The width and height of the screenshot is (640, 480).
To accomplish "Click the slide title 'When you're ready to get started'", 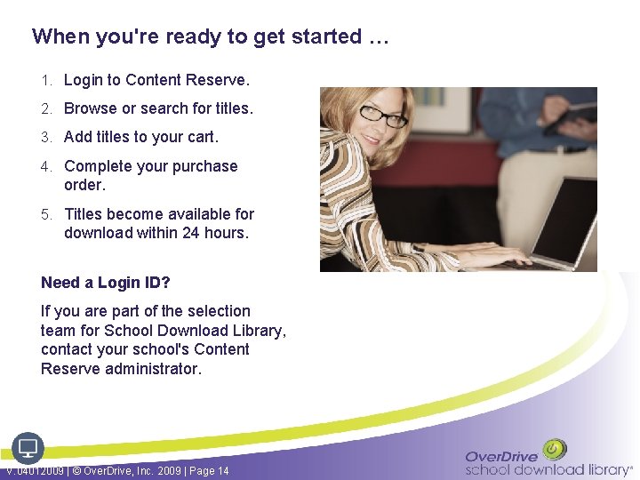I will pos(210,37).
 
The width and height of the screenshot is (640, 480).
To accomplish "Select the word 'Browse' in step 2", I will pos(90,108).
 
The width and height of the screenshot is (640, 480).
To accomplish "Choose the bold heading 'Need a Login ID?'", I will pos(105,283).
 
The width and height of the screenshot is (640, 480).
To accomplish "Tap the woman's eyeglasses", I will pos(382,115).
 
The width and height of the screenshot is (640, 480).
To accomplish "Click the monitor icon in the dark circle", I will pos(28,447).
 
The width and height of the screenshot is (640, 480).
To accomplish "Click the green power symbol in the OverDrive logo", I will pos(555,449).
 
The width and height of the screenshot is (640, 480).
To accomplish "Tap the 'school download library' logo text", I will pos(546,469).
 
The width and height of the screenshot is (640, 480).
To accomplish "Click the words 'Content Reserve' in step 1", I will pos(187,81).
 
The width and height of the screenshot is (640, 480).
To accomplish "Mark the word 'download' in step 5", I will pos(99,233).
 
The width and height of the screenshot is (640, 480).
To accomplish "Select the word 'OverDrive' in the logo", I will pos(502,456).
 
